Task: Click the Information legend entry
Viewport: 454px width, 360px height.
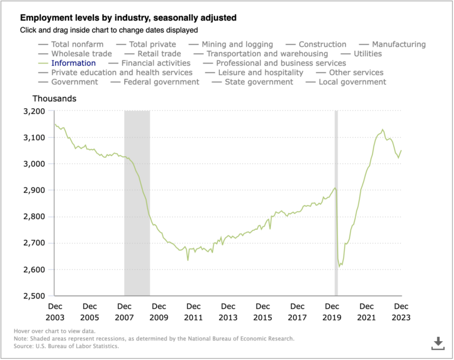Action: click(73, 63)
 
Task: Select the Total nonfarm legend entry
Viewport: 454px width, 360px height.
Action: click(77, 44)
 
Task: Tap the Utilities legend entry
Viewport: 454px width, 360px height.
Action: click(367, 54)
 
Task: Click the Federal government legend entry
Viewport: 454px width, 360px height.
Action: click(161, 82)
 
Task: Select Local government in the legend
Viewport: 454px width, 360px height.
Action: click(352, 82)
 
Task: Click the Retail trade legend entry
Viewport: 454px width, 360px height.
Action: click(159, 54)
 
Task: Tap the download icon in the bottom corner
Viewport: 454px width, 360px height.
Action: click(438, 343)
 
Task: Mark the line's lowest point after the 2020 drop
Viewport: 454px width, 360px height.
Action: click(340, 267)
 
